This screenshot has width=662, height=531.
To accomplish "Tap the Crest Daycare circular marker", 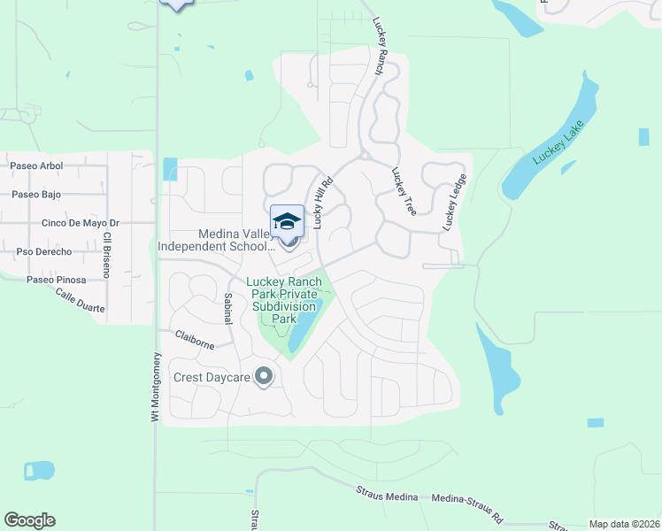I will click(x=263, y=378).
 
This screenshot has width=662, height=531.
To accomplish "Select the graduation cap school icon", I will click(x=287, y=220).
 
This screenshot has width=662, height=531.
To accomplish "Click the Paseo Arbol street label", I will click(x=36, y=165).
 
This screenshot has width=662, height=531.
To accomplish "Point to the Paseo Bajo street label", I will click(x=36, y=194).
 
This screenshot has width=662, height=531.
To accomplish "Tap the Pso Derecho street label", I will click(x=43, y=252).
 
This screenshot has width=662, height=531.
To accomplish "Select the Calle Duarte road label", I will click(x=80, y=301).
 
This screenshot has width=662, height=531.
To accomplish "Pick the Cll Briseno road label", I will click(x=106, y=255).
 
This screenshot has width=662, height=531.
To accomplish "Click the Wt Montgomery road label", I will click(x=155, y=386).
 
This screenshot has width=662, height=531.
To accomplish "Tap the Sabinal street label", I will click(x=227, y=308).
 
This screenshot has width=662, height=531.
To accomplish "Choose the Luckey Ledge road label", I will click(x=454, y=203).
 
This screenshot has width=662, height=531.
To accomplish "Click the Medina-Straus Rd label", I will click(x=466, y=504).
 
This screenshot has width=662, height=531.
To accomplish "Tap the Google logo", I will click(x=29, y=520).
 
